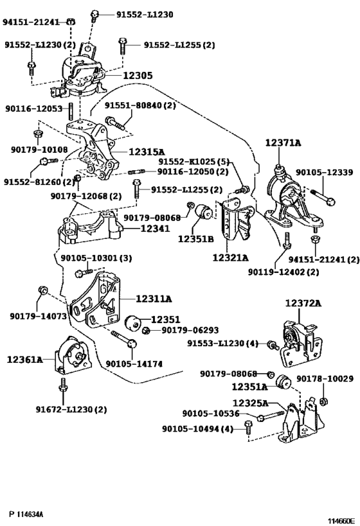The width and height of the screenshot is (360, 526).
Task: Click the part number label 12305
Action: tap(138, 76)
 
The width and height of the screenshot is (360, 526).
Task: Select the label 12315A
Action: tap(147, 152)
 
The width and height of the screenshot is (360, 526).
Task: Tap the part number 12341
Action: tap(155, 229)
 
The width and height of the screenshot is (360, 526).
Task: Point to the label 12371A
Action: tap(283, 143)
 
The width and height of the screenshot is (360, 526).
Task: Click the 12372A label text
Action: tap(303, 303)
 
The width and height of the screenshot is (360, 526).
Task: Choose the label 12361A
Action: tap(25, 360)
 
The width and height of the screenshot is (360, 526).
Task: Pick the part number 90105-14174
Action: tap(134, 364)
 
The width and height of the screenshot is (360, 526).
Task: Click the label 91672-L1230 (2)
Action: tap(71, 409)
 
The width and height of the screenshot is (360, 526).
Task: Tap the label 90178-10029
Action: tap(325, 379)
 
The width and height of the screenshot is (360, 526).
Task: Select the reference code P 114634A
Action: tap(26, 514)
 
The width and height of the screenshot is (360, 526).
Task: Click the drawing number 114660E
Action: tap(341, 521)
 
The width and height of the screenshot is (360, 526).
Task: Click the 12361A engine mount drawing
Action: tap(73, 356)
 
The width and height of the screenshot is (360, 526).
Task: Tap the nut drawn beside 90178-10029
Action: tap(323, 401)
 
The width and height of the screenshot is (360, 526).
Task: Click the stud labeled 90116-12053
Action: tap(71, 110)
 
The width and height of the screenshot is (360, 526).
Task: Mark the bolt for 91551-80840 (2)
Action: tap(115, 123)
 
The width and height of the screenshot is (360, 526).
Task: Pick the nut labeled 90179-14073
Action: tap(42, 290)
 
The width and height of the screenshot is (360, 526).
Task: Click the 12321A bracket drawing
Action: tap(236, 220)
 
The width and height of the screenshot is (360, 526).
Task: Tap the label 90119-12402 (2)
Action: tap(283, 271)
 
